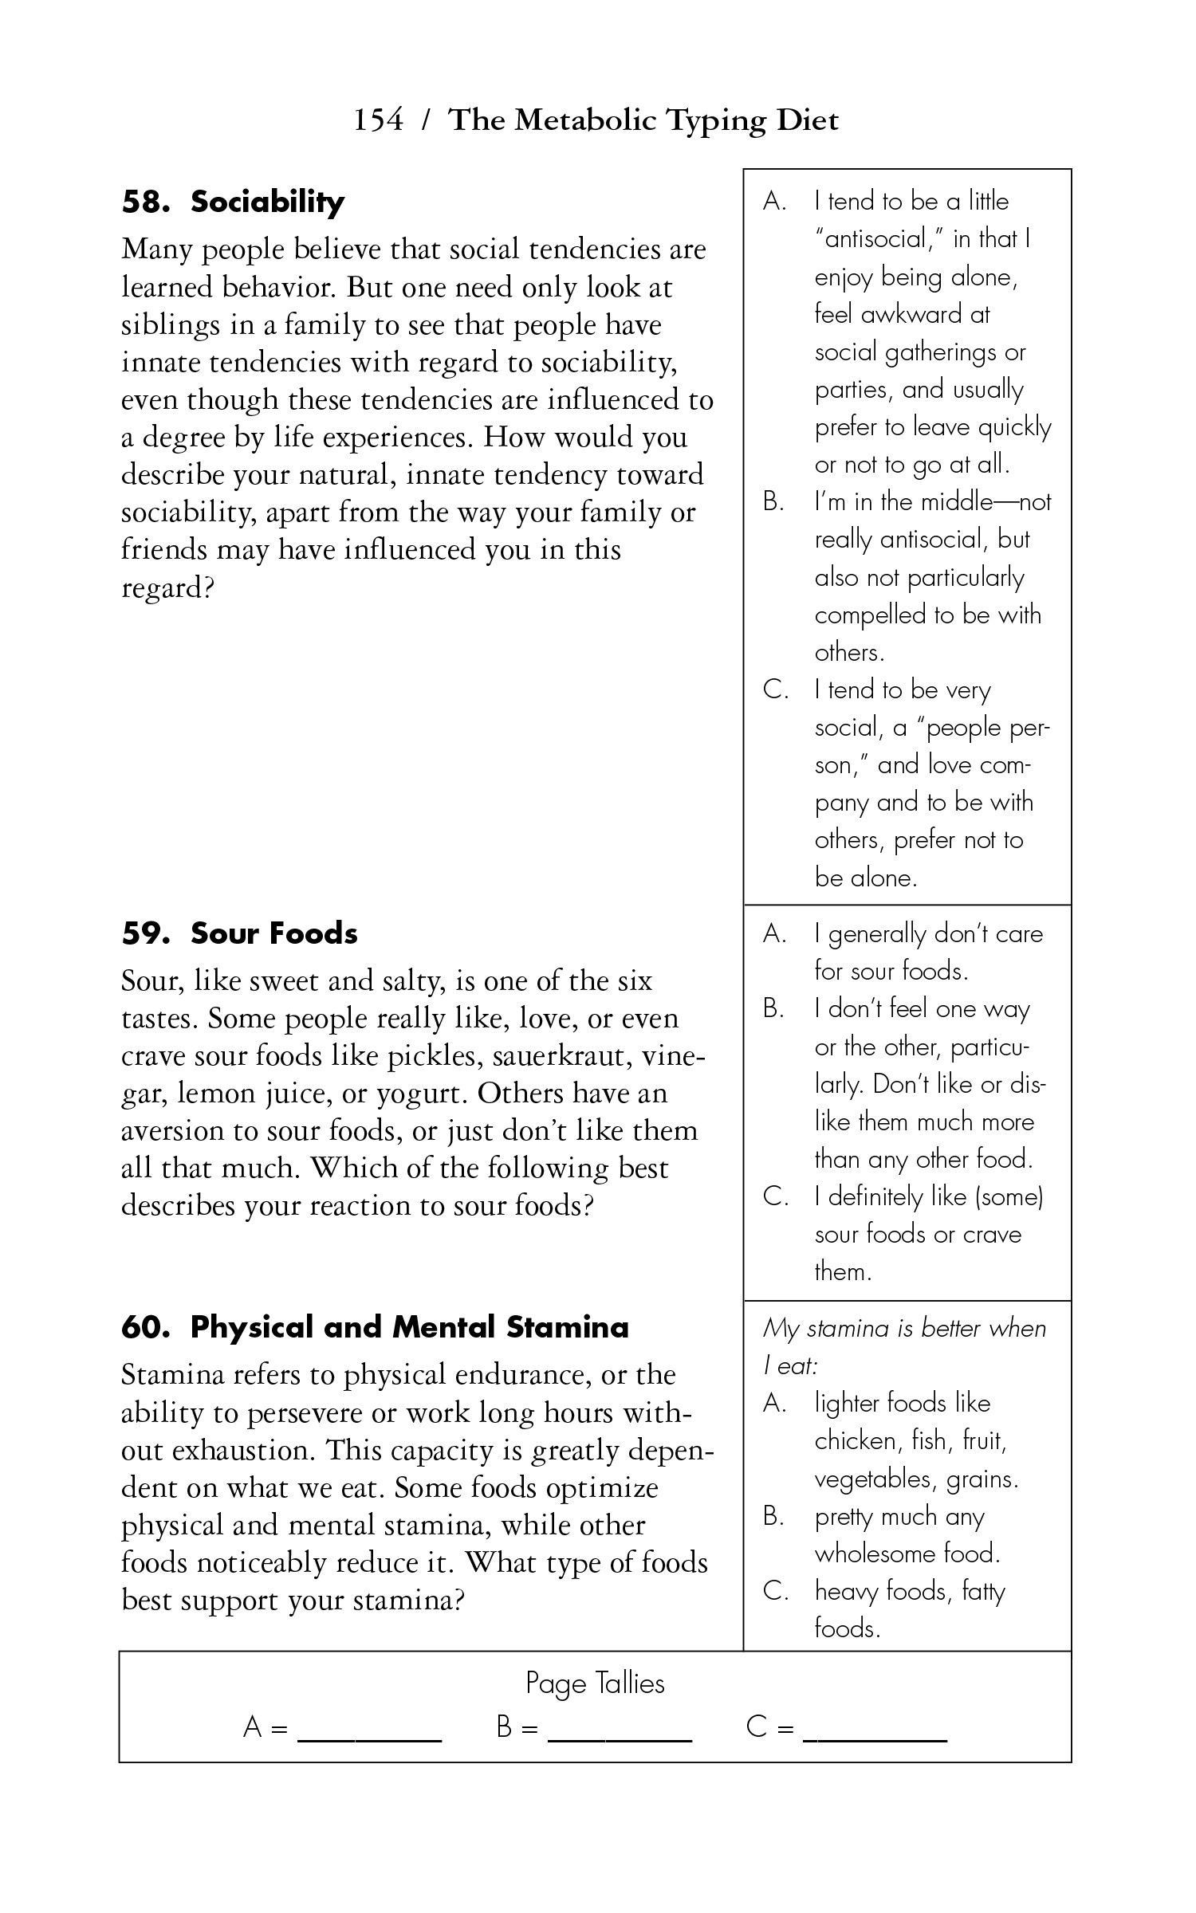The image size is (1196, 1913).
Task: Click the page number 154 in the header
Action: [x=379, y=120]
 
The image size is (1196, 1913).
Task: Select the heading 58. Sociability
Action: [x=233, y=202]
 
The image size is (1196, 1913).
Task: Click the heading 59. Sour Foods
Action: [x=239, y=933]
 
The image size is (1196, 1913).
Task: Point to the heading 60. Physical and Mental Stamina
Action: [x=375, y=1327]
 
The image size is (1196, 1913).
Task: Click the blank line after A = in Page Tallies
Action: [x=369, y=1738]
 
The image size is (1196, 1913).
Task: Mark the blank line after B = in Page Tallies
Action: [x=620, y=1738]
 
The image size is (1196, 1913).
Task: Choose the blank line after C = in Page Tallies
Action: [x=875, y=1738]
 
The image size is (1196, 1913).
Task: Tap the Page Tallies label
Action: [x=595, y=1683]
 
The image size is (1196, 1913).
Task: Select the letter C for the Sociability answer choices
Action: [x=775, y=689]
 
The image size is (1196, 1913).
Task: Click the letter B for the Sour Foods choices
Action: [x=773, y=1009]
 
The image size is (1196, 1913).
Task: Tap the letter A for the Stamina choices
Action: [x=774, y=1403]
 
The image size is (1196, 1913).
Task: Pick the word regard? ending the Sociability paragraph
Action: [x=168, y=588]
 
